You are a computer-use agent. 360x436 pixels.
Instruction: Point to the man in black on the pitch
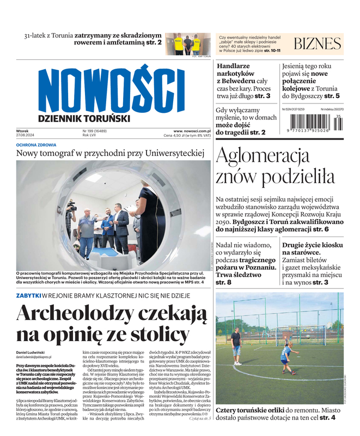pos(236,347)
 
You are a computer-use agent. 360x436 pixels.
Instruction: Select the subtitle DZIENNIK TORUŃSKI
pos(84,118)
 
